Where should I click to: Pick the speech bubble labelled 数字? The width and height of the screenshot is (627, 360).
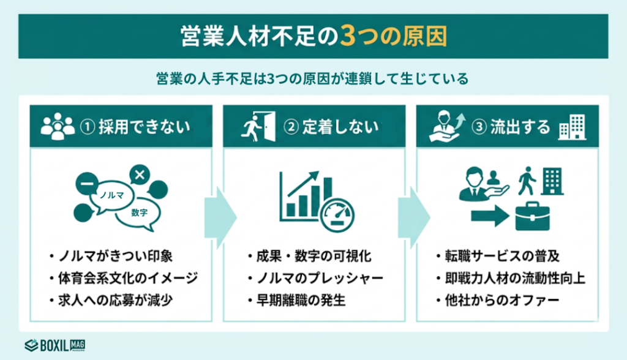point(140,212)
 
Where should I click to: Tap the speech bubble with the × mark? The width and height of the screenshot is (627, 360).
point(140,176)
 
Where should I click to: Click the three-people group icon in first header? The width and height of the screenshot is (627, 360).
point(56,127)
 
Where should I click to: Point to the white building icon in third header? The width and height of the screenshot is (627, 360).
point(572,127)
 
